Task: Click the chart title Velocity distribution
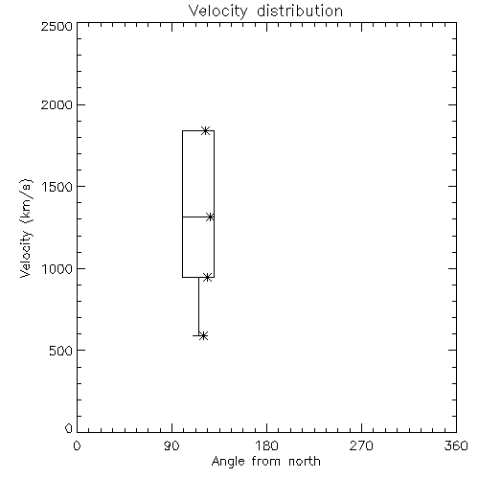click(265, 11)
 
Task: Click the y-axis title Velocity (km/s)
click(26, 228)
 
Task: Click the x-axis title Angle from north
click(265, 462)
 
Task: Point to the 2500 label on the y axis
click(57, 26)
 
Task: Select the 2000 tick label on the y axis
click(57, 104)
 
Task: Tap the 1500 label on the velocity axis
click(57, 187)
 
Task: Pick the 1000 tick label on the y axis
click(57, 269)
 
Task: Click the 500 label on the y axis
click(60, 351)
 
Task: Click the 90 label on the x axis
click(171, 445)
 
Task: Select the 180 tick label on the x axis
click(266, 445)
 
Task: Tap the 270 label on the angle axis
click(361, 445)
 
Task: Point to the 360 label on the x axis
click(456, 445)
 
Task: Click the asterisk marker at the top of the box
click(206, 130)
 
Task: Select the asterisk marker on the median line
click(210, 217)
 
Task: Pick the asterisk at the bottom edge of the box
click(208, 278)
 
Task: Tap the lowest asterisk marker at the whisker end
click(203, 335)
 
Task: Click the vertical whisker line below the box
click(198, 307)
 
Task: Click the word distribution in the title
click(300, 11)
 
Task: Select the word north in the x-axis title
click(305, 462)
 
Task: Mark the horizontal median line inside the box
click(198, 217)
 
